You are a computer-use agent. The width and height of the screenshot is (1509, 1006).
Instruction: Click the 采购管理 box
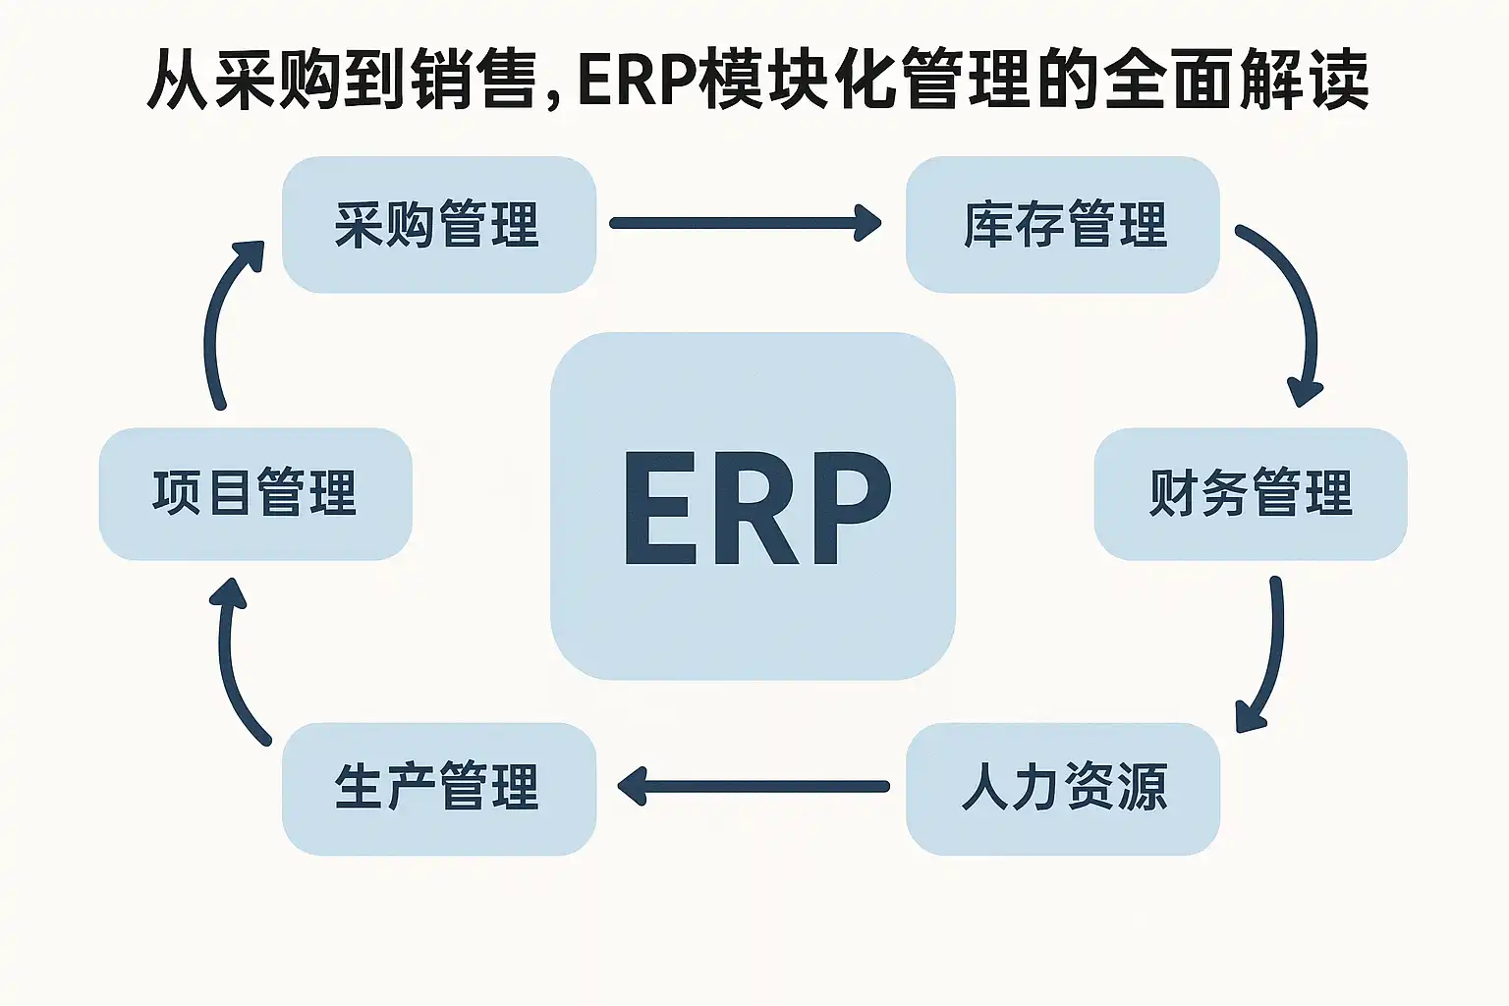[438, 225]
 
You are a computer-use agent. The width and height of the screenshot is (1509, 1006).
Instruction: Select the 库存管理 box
[1063, 225]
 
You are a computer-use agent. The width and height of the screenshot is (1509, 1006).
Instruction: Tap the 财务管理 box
[1251, 493]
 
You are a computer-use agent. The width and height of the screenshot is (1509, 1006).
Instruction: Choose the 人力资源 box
[1063, 788]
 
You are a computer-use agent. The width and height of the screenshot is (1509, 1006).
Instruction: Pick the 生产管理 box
[438, 788]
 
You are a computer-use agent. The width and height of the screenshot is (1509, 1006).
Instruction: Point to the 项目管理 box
[255, 493]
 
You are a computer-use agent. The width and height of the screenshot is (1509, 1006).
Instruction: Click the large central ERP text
[756, 509]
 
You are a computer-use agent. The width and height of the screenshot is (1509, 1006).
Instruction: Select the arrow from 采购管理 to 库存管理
[745, 223]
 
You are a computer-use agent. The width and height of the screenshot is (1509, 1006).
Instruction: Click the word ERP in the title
[639, 81]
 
